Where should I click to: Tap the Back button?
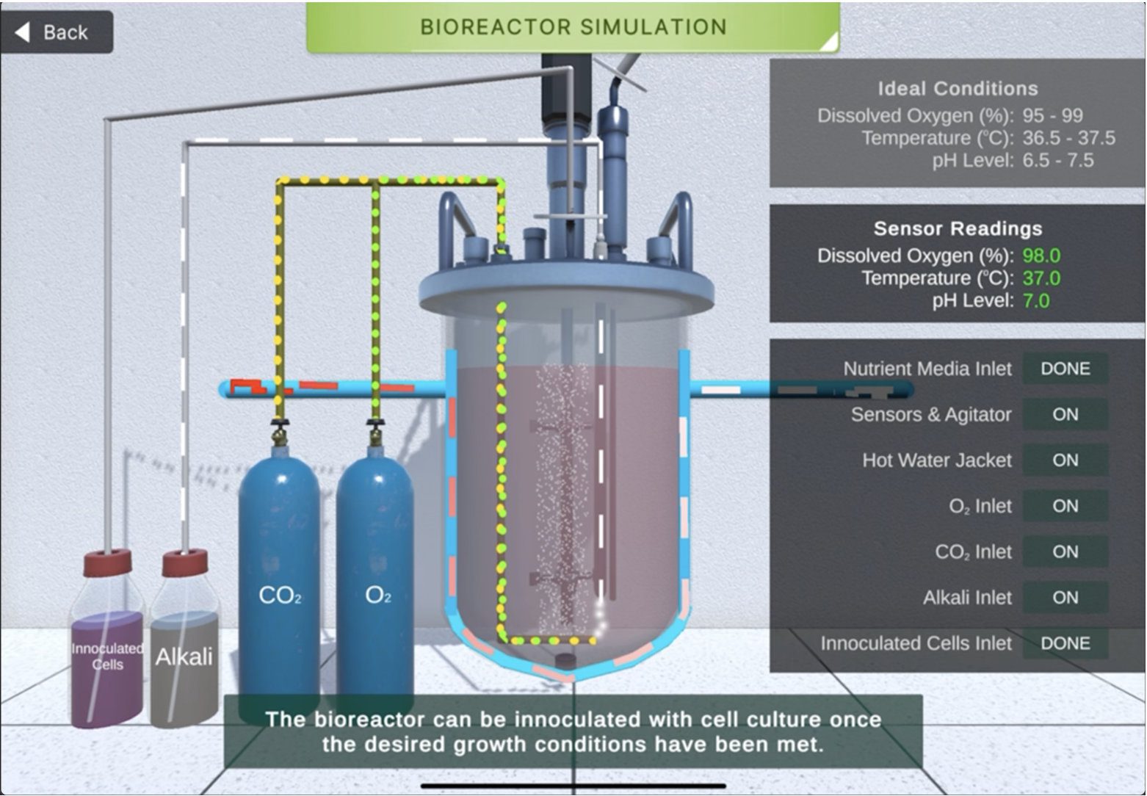tap(56, 32)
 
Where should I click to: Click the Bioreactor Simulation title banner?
tap(573, 28)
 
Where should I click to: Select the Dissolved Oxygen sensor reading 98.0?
tap(1041, 256)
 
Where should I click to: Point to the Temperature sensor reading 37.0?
tap(1041, 278)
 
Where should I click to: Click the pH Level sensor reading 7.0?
tap(1035, 301)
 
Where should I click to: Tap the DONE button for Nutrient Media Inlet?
tap(1065, 369)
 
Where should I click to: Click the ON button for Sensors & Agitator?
tap(1065, 415)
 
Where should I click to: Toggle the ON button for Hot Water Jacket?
tap(1065, 460)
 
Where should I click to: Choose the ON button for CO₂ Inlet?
tap(1065, 552)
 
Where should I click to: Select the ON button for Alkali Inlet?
tap(1065, 598)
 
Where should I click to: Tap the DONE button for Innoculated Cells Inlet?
tap(1065, 644)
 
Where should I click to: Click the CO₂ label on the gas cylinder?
tap(280, 596)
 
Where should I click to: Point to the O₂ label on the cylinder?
tap(377, 596)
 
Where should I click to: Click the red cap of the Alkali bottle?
tap(185, 563)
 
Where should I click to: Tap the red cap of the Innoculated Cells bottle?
tap(107, 562)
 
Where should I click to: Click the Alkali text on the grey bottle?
tap(184, 656)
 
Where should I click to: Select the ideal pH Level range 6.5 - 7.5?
tap(1057, 161)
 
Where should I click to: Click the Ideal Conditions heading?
tap(958, 89)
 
